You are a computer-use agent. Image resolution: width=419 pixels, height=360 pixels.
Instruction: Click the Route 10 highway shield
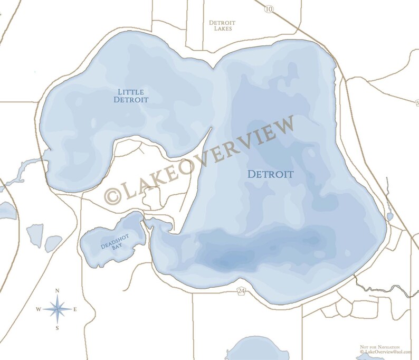269,9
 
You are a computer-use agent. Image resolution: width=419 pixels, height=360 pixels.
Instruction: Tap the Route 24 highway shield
241,291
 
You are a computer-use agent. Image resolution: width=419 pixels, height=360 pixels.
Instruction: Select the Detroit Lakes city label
222,26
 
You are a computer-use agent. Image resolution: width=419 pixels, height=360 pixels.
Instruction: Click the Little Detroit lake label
131,96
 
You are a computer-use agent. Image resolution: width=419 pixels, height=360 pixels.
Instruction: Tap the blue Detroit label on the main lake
271,174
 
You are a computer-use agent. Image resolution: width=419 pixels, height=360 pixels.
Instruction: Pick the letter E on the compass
75,309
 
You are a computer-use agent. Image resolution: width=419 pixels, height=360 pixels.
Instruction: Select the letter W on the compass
39,309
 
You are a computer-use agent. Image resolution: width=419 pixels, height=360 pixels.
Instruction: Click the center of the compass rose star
58,309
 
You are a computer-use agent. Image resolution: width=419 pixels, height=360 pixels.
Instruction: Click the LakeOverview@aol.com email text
385,352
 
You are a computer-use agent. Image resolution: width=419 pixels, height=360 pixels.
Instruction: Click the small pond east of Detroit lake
389,216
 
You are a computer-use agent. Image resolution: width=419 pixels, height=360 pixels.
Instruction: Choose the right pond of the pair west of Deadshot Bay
53,243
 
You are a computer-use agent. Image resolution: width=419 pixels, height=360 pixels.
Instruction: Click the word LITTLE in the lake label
130,92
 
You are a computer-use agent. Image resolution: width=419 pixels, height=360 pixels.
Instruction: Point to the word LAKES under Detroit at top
222,29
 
